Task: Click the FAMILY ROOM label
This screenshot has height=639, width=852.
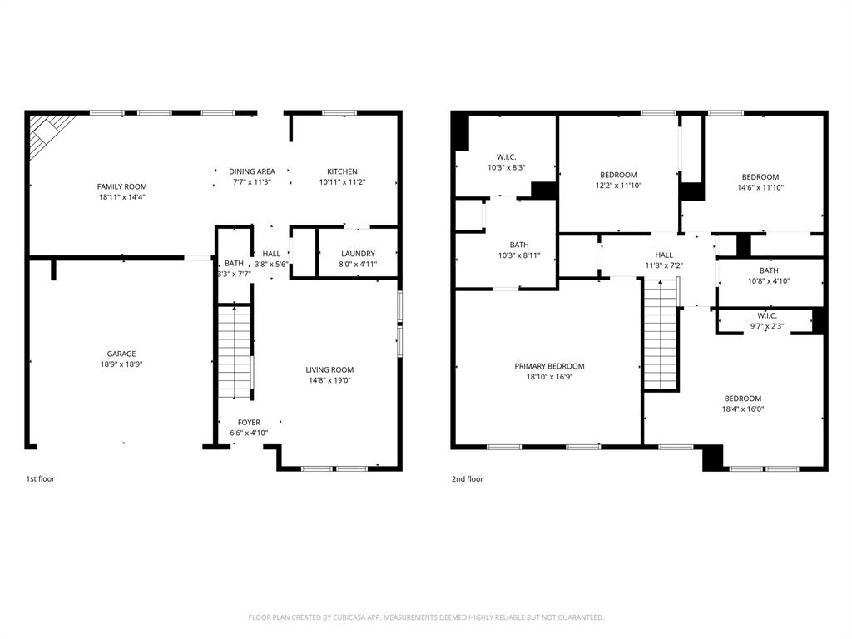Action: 121,186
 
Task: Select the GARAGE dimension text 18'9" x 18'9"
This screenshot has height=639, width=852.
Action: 121,364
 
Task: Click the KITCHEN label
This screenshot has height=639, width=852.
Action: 342,171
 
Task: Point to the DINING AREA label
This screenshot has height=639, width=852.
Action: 252,171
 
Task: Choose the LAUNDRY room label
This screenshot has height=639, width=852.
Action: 358,254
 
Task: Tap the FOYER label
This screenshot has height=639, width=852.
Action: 249,422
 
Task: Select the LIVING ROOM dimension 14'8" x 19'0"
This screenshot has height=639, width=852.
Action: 330,381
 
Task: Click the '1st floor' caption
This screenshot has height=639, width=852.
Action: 40,479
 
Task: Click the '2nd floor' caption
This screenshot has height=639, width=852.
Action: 468,479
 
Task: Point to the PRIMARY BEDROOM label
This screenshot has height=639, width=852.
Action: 549,366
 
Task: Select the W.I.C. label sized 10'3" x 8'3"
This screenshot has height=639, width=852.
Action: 507,156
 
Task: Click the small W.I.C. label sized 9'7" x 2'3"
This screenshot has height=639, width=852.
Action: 767,315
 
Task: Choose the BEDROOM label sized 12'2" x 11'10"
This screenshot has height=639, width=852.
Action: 618,175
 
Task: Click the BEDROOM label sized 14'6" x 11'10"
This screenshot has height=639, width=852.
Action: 760,176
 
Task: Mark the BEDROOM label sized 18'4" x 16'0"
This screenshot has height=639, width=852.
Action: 742,398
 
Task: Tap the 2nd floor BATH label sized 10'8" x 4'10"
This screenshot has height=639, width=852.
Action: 769,270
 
